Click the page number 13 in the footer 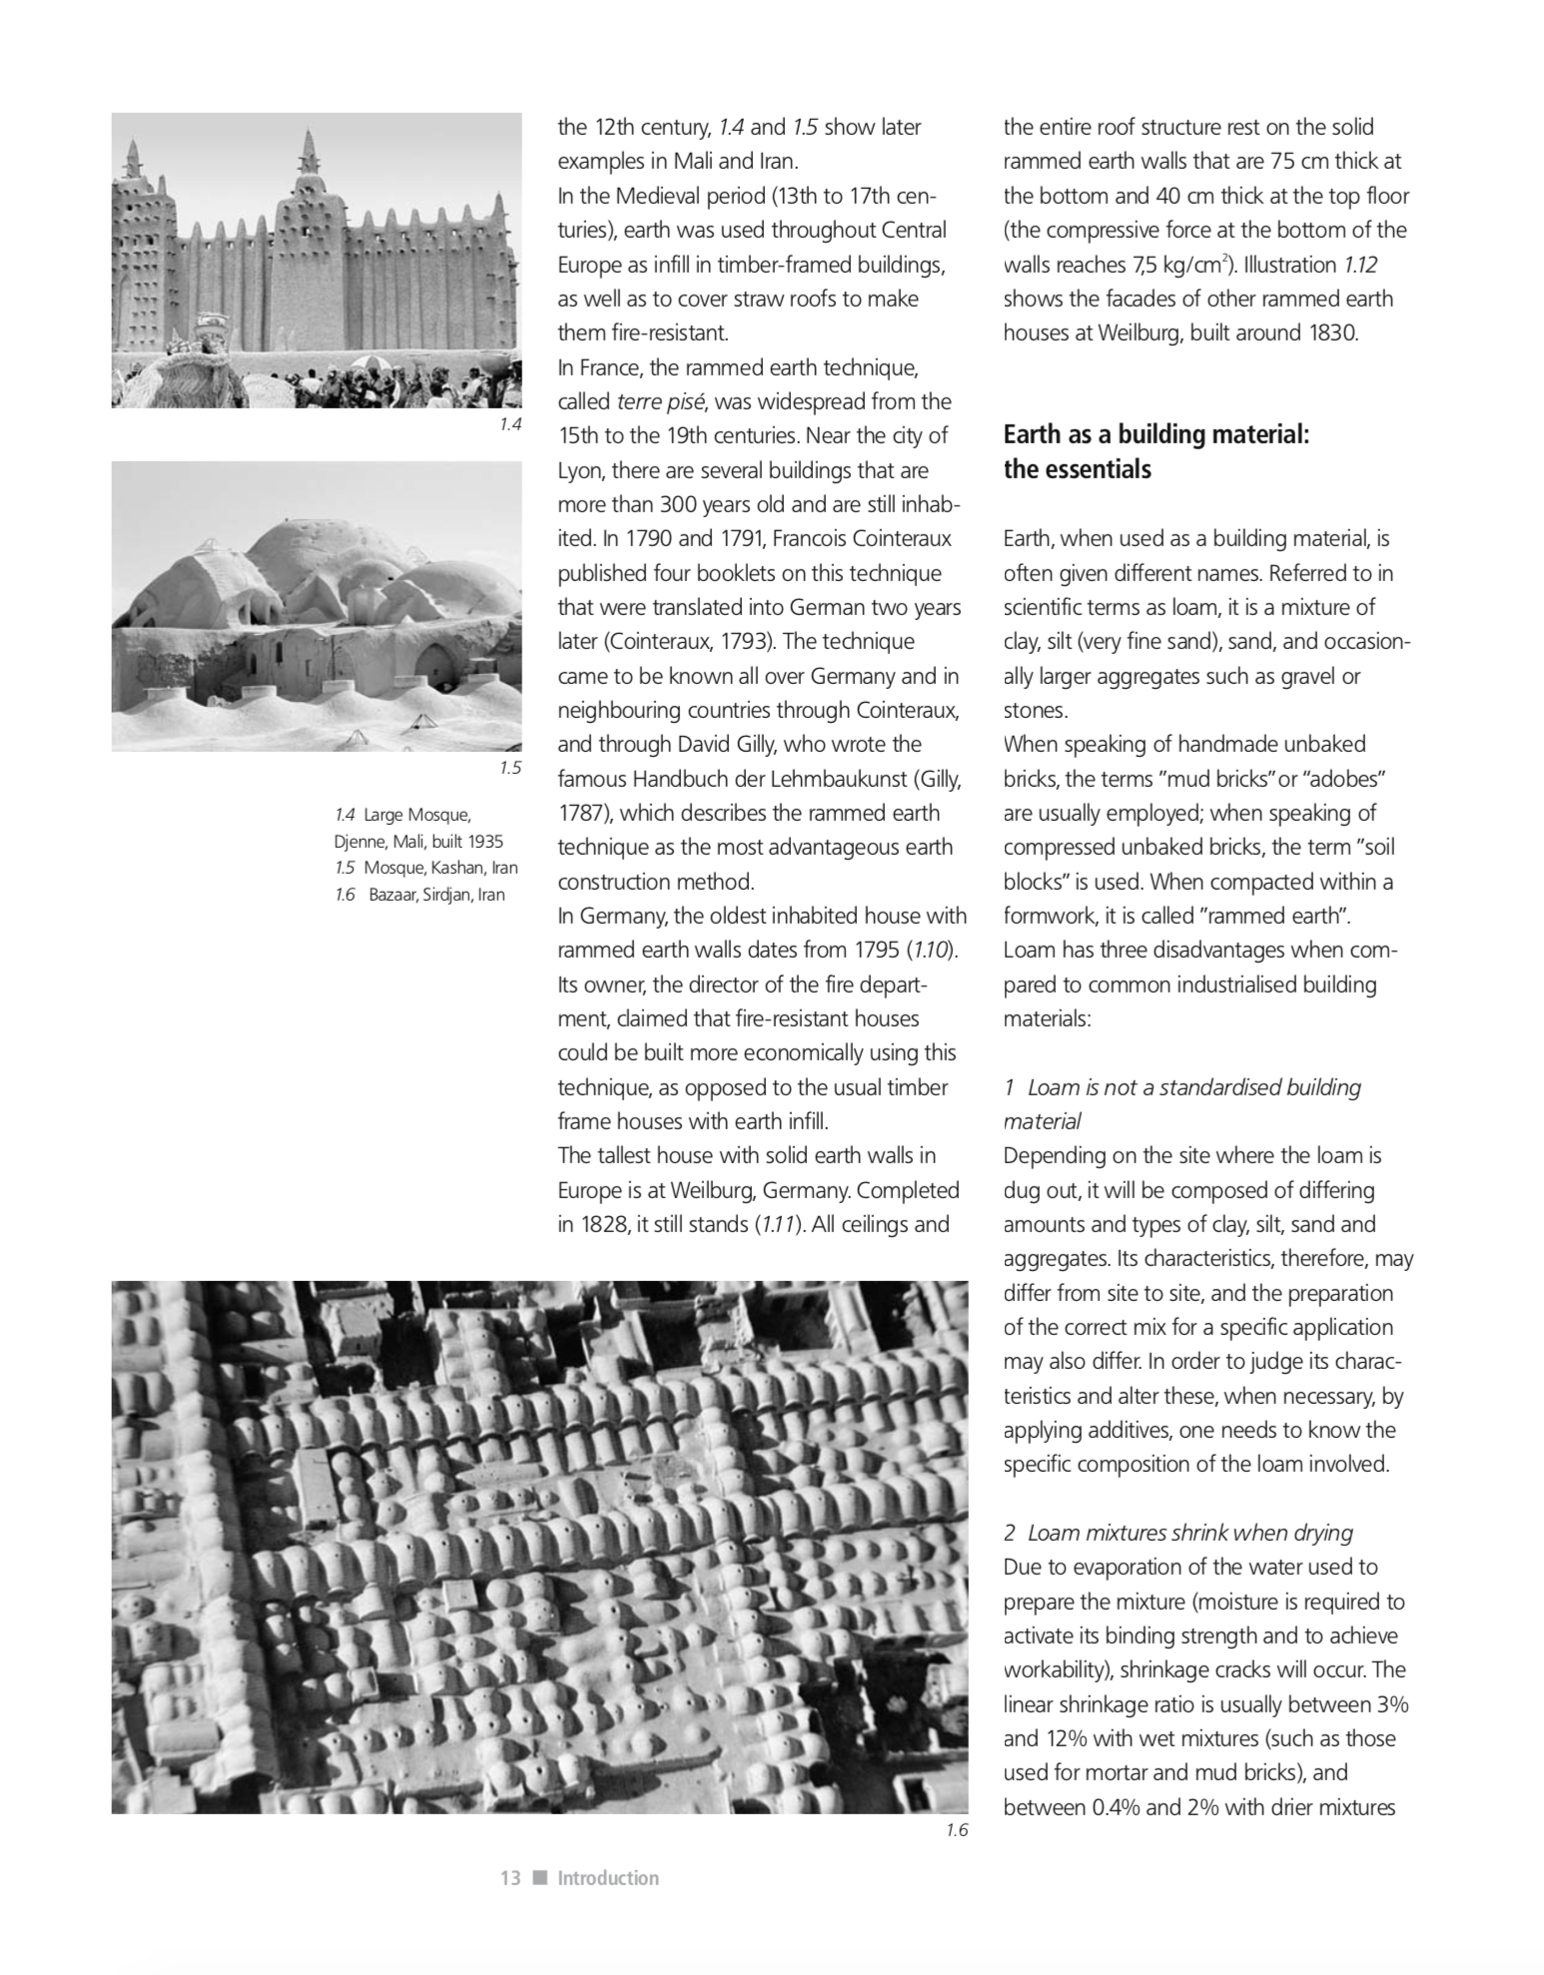coord(510,1878)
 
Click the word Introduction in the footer coord(608,1878)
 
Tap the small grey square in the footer coord(540,1878)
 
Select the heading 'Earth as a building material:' coord(1156,434)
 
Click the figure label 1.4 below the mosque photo coord(510,424)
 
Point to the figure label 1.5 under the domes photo coord(510,768)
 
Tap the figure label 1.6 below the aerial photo coord(956,1830)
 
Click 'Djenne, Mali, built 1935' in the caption coord(418,841)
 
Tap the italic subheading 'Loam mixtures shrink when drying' coord(1189,1533)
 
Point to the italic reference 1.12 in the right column coord(1360,266)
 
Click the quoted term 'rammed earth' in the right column coord(1281,916)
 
